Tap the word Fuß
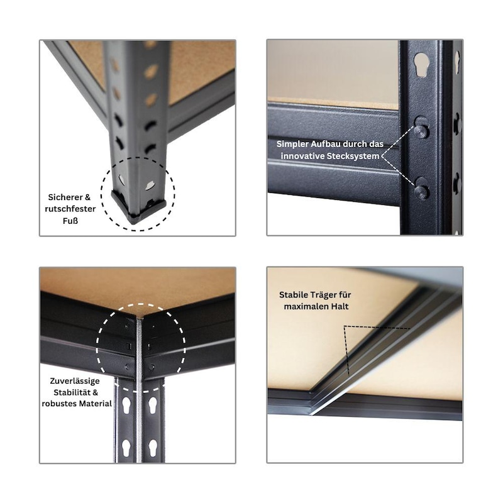coord(70,221)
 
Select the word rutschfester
coord(70,209)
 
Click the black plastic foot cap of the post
coord(138,208)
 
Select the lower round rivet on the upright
coord(421,192)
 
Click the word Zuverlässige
coord(75,381)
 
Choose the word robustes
coord(57,404)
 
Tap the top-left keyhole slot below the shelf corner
coord(126,405)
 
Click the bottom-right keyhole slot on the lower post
coord(153,448)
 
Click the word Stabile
coord(293,294)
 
